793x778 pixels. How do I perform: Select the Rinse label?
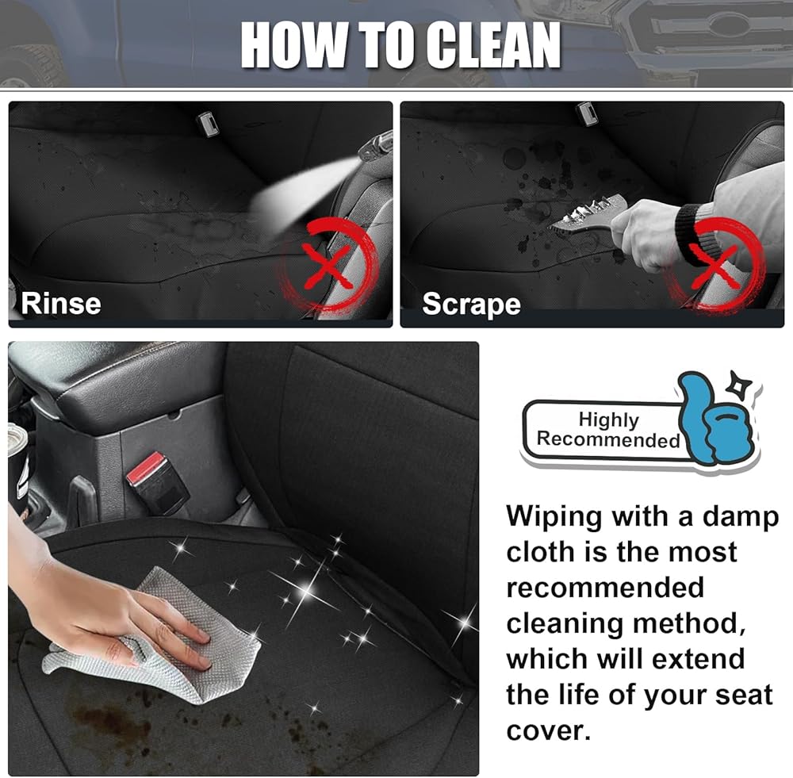[x=61, y=304]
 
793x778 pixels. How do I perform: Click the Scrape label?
[x=471, y=304]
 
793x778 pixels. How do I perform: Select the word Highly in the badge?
[x=608, y=420]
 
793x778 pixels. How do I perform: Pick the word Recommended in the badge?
[x=608, y=439]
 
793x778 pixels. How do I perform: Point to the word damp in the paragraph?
[x=741, y=518]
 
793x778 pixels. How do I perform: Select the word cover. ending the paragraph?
[x=548, y=731]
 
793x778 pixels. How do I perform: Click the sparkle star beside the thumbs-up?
[x=739, y=385]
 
